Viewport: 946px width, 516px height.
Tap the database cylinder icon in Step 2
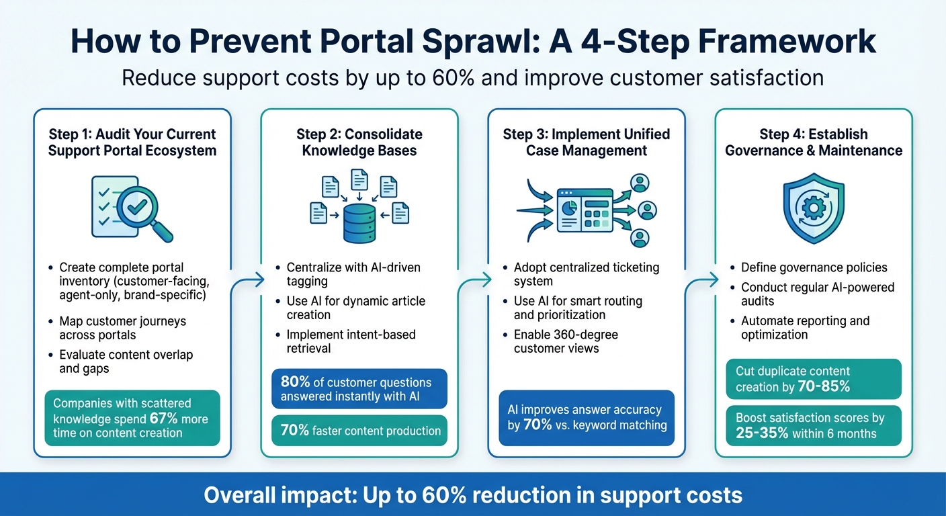(x=359, y=223)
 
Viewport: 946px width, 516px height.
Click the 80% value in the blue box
(x=296, y=382)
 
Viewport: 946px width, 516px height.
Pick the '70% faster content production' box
(x=360, y=431)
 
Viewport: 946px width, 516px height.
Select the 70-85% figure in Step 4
(x=823, y=387)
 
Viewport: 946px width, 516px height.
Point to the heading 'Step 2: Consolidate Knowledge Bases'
(x=359, y=142)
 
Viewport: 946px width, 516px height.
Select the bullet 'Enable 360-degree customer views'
(x=565, y=341)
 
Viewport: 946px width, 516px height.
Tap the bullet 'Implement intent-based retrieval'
(x=351, y=341)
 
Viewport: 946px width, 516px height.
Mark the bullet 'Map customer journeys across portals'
(x=122, y=329)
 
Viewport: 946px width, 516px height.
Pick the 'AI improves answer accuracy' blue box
(x=586, y=417)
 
